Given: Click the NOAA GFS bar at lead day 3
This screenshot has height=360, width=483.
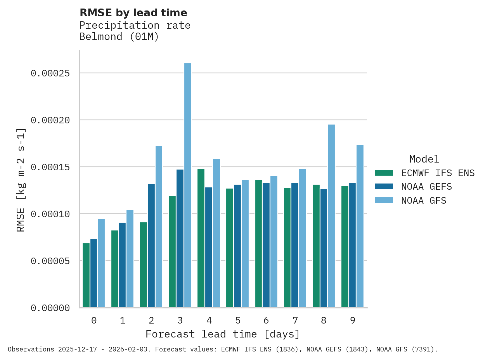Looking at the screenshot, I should coord(187,185).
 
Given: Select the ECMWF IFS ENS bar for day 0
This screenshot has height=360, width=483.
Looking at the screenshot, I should coord(86,275).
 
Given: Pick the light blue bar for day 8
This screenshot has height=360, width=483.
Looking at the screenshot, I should coord(331,216).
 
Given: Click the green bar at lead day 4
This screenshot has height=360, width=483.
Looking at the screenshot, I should coord(201,238).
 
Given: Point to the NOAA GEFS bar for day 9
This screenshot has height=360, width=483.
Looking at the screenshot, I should coord(352,245).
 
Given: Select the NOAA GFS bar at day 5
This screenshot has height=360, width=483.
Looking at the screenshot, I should coord(245,244).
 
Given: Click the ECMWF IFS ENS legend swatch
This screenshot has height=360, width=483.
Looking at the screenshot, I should coord(384,173).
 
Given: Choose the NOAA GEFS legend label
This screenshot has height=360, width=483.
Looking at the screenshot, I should coord(427,187).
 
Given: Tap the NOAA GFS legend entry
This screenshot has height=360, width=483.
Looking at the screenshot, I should coord(424,201).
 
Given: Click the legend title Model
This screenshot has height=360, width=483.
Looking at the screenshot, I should coord(424,159).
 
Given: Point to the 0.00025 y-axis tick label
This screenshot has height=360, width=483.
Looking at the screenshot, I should coord(50,73).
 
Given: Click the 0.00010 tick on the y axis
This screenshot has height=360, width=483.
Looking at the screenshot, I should coord(50,214).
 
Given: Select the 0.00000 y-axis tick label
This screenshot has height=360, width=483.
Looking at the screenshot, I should coord(50,308).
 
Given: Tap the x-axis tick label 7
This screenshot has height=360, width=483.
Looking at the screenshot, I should coord(295,320).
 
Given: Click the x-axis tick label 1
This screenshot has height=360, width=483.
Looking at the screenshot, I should coord(123,320).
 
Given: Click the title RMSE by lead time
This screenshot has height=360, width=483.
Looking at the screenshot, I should coord(133,13).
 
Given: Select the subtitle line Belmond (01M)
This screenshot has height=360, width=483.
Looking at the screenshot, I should coord(119,37).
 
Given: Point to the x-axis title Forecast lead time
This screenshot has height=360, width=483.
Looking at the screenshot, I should coord(223,334).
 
